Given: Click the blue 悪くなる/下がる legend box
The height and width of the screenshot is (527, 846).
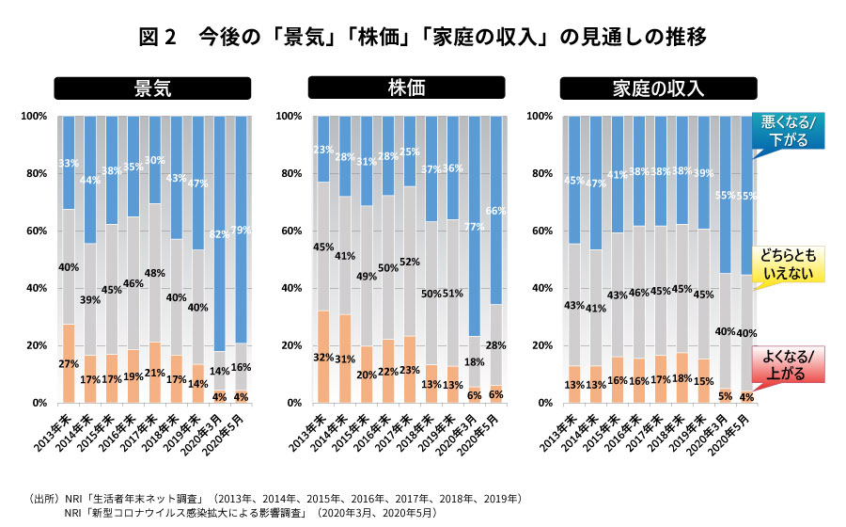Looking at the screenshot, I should [788, 131].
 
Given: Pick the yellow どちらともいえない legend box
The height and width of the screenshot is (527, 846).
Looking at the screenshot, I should [788, 263].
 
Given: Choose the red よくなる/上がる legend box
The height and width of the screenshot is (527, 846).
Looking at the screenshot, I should [788, 363].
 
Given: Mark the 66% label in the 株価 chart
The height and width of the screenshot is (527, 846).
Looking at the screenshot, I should [497, 211].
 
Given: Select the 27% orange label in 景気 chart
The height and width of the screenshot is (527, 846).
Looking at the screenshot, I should [69, 364].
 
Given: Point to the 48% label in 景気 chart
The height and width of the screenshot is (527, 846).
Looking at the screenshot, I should [154, 274].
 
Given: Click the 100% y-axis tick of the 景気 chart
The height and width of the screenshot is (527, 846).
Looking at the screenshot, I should [34, 116].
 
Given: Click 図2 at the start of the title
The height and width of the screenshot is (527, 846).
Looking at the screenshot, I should [157, 37].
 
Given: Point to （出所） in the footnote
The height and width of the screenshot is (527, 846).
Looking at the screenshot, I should [44, 496].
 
